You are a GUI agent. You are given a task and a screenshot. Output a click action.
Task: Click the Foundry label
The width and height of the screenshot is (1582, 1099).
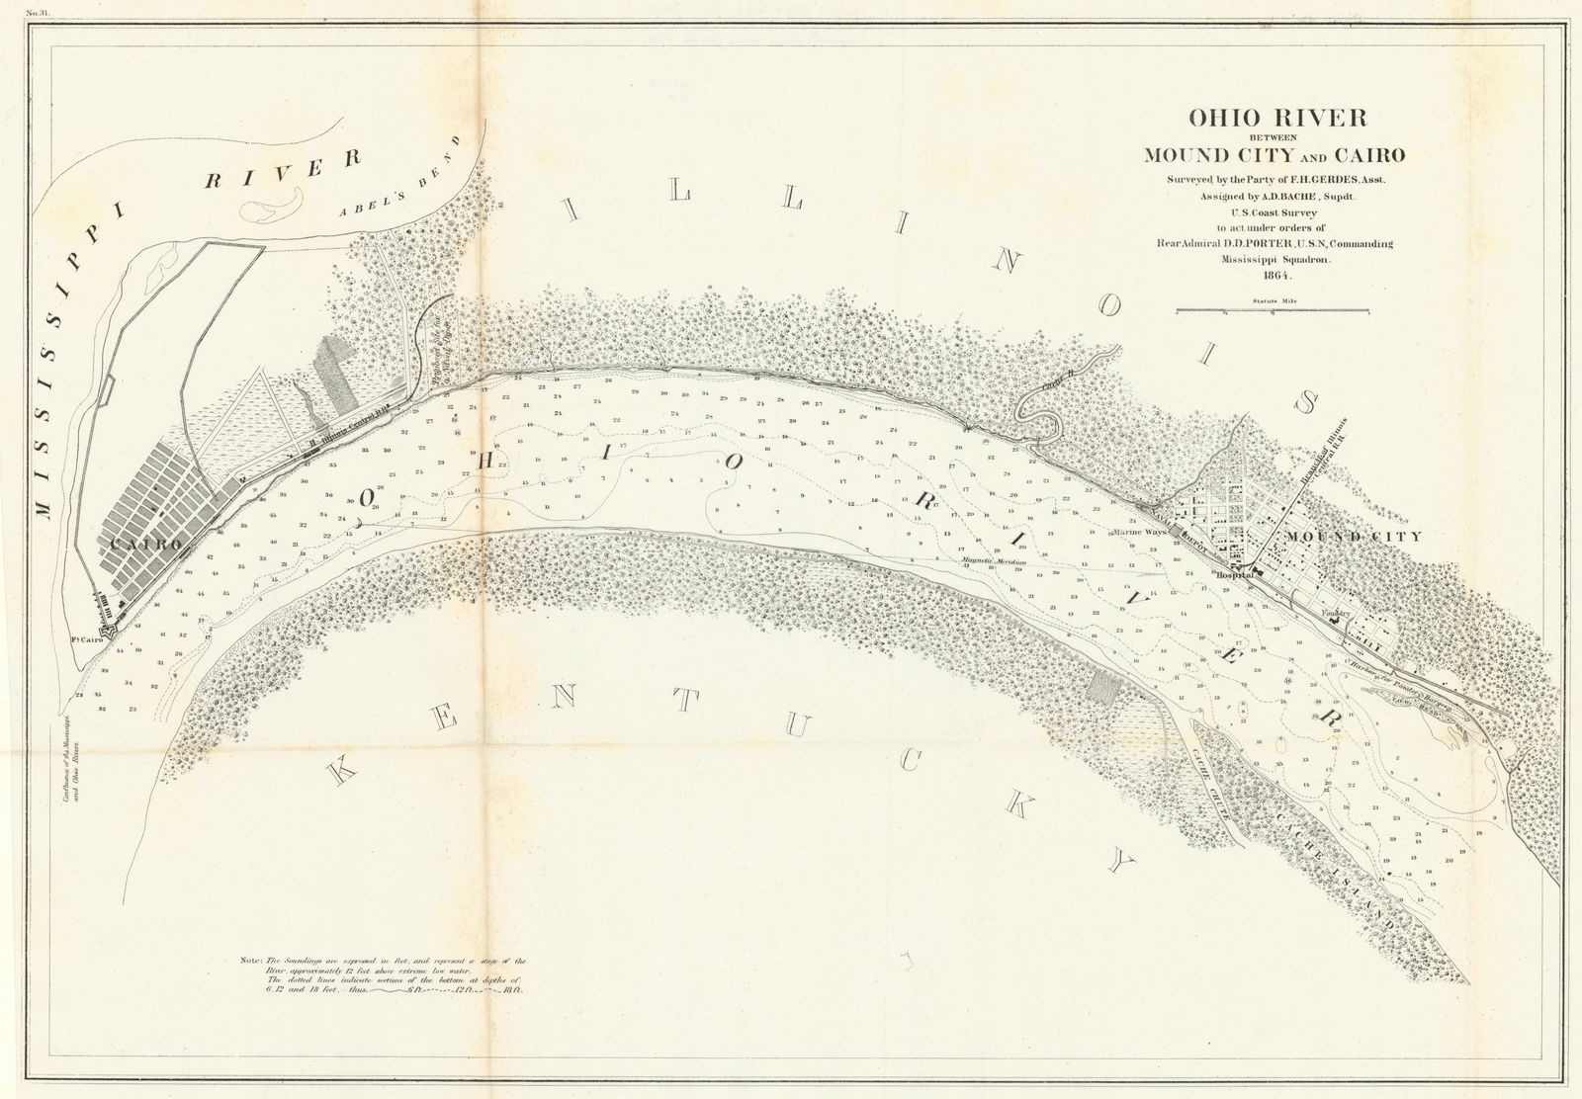click(x=1340, y=612)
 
